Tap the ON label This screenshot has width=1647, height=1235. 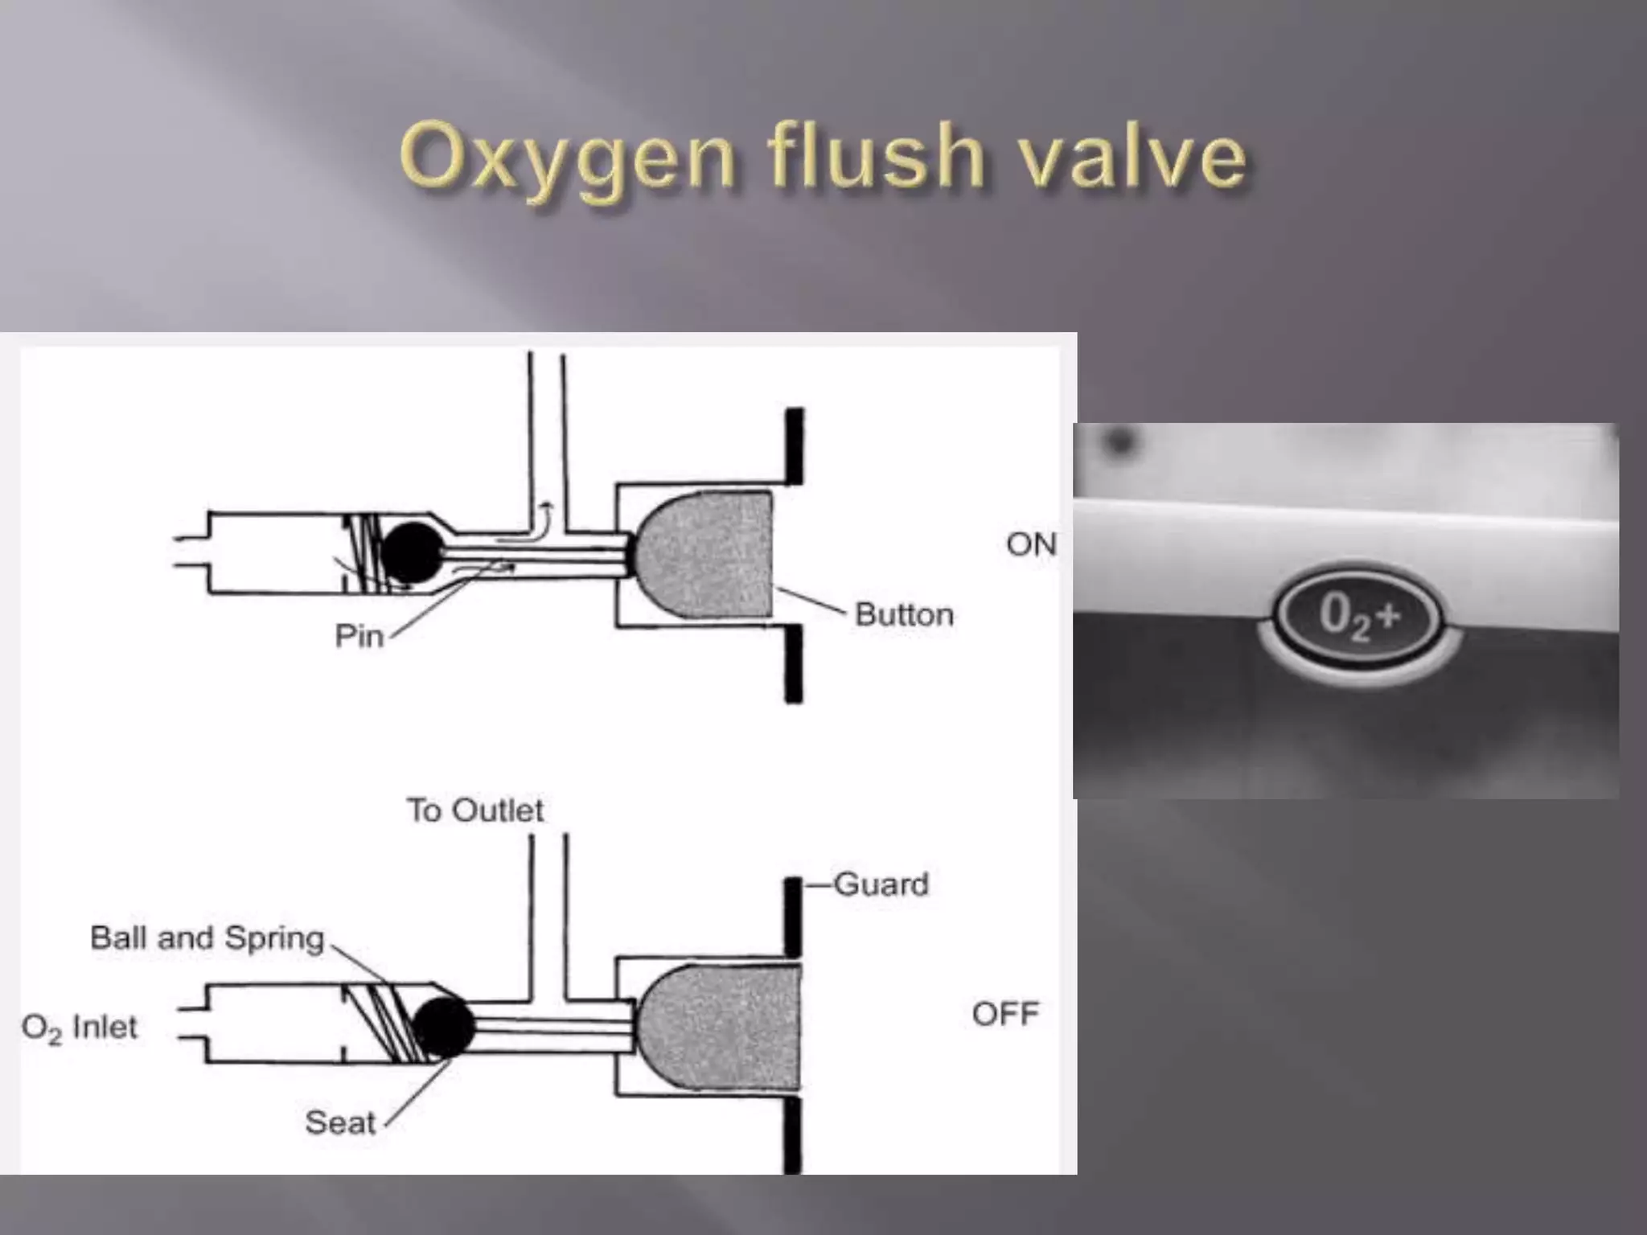point(1031,545)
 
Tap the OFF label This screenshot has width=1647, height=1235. point(1005,1014)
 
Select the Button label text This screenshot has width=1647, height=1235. point(904,615)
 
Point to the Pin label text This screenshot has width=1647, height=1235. point(359,637)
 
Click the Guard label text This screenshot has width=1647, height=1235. point(881,884)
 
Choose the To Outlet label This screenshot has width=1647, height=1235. point(475,810)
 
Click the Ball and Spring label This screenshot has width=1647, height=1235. point(207,938)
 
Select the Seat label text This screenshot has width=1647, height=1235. point(340,1122)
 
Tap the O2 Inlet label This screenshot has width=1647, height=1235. point(80,1028)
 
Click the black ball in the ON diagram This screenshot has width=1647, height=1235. point(411,552)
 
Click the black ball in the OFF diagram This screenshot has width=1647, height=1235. point(444,1027)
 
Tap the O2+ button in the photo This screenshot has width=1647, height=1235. point(1359,618)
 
